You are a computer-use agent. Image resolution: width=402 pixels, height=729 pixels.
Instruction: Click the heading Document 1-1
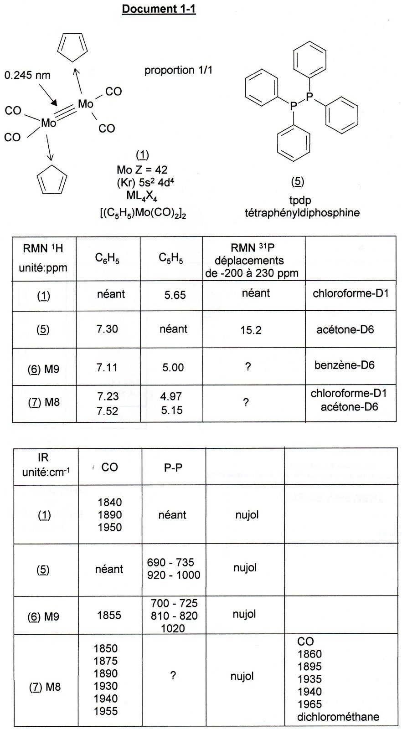click(159, 9)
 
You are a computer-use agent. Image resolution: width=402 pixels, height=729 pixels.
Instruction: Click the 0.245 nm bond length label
click(27, 75)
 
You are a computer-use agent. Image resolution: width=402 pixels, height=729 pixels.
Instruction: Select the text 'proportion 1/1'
click(178, 70)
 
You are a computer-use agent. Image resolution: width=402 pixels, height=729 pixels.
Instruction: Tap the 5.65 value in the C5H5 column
click(175, 295)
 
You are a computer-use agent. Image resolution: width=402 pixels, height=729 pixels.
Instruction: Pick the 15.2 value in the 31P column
click(251, 330)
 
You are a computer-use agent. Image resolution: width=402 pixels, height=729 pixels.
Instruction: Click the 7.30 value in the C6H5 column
click(107, 329)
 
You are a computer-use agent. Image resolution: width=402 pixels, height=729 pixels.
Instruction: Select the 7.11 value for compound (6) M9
click(107, 367)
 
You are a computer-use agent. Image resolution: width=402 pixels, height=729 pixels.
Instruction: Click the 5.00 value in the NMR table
click(173, 367)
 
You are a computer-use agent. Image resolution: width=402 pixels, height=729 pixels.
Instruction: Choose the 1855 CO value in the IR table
click(109, 616)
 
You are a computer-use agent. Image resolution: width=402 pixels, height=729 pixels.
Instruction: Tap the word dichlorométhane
click(338, 717)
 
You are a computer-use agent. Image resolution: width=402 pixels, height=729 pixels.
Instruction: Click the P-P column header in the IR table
click(173, 467)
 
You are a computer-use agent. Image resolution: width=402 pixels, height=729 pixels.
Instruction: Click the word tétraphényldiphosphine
click(302, 212)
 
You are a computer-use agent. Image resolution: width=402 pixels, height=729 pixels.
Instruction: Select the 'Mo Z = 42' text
click(142, 170)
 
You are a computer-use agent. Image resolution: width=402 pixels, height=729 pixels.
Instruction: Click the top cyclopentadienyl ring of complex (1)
click(72, 47)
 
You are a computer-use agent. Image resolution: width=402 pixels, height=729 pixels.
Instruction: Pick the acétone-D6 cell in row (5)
click(345, 329)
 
